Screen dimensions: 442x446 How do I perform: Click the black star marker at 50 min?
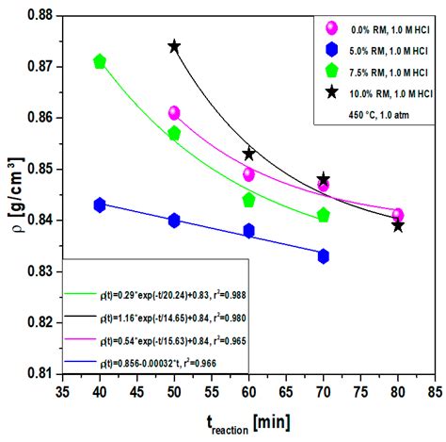tap(174, 46)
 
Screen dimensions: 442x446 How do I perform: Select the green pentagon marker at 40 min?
tap(100, 61)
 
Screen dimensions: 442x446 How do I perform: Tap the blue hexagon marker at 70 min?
tap(324, 255)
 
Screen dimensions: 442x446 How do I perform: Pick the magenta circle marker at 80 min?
tap(398, 215)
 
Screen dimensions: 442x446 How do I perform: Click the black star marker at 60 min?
tap(249, 154)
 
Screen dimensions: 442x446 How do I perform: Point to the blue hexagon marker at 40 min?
tap(100, 205)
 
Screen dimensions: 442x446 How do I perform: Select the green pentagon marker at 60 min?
tap(249, 200)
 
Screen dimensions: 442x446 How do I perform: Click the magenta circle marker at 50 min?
tap(174, 113)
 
